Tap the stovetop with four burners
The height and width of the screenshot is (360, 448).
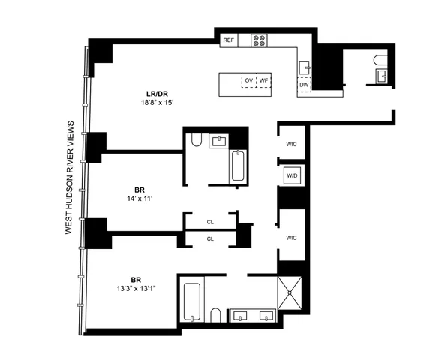coord(260,41)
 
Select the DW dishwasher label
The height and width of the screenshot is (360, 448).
coord(304,85)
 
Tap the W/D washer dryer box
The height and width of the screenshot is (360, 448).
coord(291,175)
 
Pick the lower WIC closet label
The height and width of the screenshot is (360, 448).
coord(292,238)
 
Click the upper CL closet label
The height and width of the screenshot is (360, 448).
coord(210,222)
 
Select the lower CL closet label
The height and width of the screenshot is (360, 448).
coord(210,238)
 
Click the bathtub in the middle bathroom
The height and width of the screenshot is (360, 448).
coord(238,166)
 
